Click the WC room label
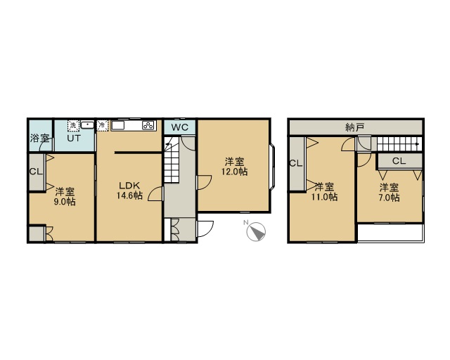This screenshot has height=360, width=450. [180, 127]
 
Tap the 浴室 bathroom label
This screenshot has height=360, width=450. [39, 139]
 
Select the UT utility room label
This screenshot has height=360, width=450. [74, 138]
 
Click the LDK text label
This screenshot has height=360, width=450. [129, 186]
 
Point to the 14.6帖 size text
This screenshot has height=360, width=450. [129, 195]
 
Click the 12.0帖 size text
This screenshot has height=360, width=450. [234, 172]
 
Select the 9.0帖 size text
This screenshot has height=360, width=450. [65, 202]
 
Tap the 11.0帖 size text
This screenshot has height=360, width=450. [324, 197]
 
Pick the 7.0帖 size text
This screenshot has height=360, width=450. [389, 198]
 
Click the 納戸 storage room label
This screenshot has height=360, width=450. [355, 127]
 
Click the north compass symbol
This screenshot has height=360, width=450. [256, 231]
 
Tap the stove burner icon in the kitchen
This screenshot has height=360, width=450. [148, 125]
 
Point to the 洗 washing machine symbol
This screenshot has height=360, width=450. [73, 125]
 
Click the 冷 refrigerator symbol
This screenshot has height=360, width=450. [102, 125]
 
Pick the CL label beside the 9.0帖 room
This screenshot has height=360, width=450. [36, 172]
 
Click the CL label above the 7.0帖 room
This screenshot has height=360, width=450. [399, 161]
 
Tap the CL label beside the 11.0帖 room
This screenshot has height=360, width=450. [296, 164]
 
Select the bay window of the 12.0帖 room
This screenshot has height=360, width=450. [272, 167]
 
